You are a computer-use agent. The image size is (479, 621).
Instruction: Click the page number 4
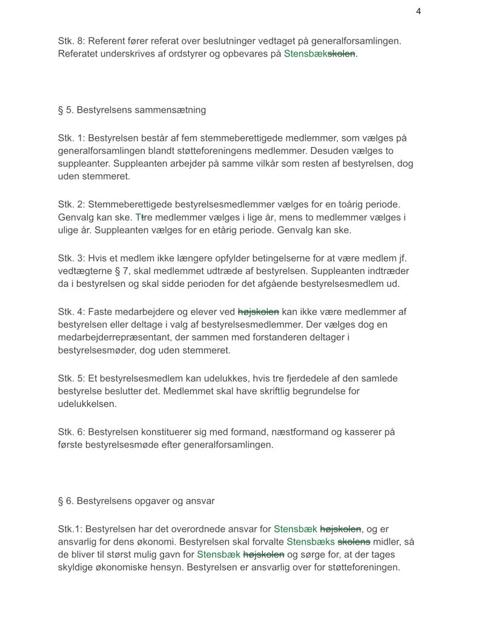[418, 12]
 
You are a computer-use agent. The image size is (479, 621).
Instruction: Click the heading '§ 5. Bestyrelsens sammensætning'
[132, 110]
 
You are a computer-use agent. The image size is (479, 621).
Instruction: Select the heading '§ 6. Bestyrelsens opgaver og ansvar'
[136, 501]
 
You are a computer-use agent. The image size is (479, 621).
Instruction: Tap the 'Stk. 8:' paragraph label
[71, 41]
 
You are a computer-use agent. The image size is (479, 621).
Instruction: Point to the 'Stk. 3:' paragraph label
[71, 257]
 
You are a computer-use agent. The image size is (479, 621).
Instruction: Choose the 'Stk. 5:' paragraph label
[71, 378]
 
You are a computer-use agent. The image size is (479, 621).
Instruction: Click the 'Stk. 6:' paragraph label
[71, 432]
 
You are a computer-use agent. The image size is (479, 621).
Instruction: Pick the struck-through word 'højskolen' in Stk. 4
[259, 312]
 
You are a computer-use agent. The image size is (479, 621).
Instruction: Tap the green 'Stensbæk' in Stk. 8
[305, 54]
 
